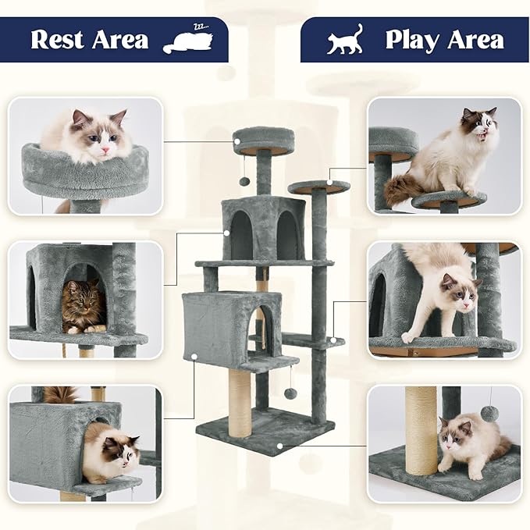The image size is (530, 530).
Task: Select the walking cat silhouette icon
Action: (x=346, y=40)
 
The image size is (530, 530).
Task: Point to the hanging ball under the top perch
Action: (x=244, y=181)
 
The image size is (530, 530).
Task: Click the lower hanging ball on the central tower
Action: (x=290, y=393)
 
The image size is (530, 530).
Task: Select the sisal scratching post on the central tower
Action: (x=240, y=401)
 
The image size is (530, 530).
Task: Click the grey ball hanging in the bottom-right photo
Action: (x=490, y=413)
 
